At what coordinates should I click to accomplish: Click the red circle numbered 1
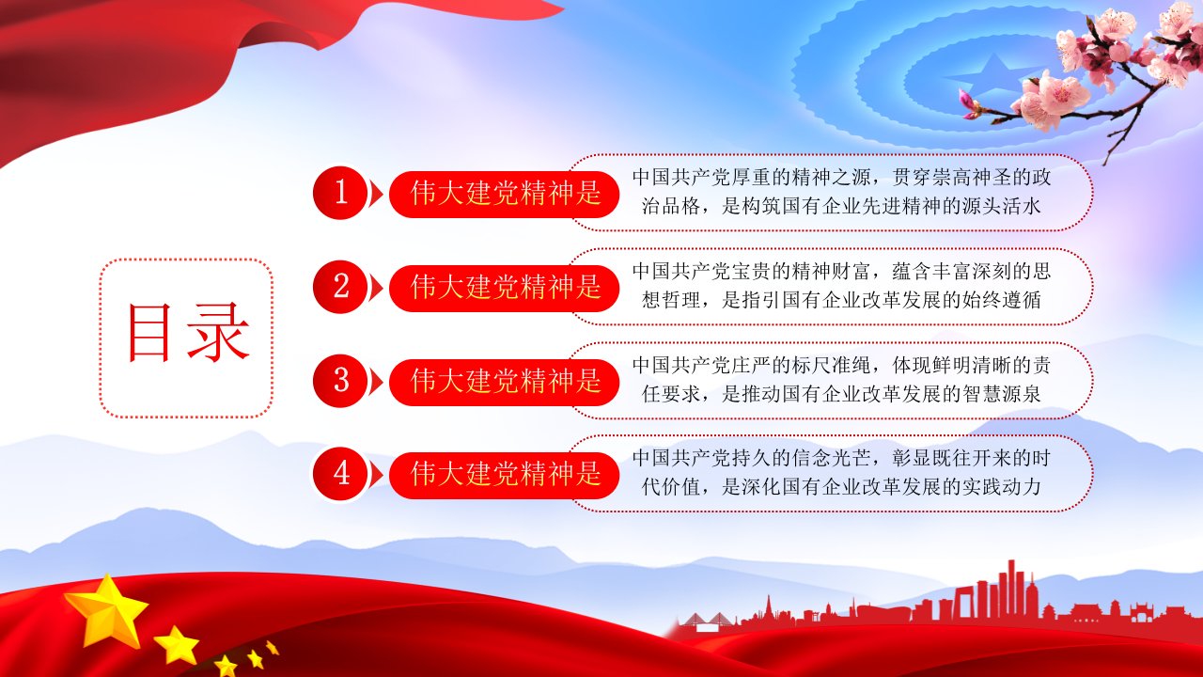click(340, 193)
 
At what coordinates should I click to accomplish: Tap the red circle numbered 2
click(340, 287)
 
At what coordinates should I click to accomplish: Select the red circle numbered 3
click(340, 381)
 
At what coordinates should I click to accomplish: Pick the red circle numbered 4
click(340, 473)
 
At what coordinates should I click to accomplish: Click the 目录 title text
click(187, 333)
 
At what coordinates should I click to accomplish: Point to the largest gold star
click(107, 611)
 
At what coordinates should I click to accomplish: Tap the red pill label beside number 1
click(504, 194)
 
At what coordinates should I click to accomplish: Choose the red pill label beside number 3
click(504, 382)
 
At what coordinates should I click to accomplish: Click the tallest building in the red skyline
click(1011, 588)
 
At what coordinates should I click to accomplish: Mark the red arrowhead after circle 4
click(377, 475)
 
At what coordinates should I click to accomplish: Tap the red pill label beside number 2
click(504, 288)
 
